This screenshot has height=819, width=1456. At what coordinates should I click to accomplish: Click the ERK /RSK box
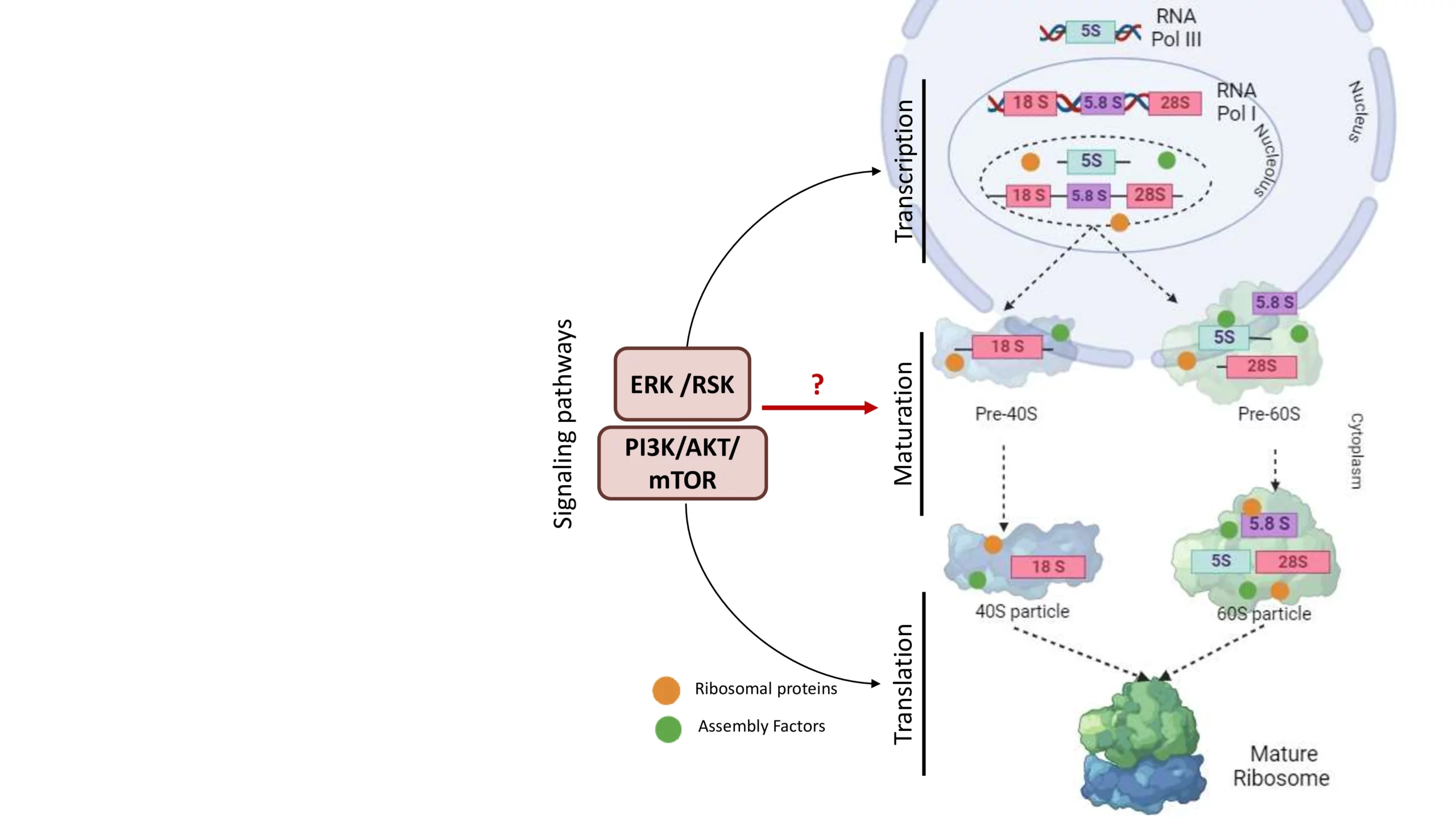pos(682,384)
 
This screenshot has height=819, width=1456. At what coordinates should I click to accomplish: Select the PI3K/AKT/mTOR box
pos(682,463)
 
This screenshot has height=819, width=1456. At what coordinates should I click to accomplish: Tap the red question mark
pos(817,384)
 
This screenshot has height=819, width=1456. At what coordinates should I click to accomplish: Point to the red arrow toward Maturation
pos(819,407)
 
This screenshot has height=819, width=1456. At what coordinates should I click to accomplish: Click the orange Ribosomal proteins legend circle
pos(666,690)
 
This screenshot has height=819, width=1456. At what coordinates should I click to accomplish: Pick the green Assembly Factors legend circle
pos(668,729)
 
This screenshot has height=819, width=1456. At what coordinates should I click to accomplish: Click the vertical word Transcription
pos(904,171)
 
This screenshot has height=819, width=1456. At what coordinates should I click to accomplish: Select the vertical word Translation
pos(903,684)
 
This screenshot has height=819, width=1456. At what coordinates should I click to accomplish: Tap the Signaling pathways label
pos(563,424)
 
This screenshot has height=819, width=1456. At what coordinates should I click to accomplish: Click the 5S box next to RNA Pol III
pos(1090,31)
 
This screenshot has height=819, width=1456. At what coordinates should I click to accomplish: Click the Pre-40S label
pos(1006,414)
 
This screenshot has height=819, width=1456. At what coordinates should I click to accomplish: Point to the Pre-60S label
pos(1269,414)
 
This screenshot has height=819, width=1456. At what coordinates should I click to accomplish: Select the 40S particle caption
pos(1022,611)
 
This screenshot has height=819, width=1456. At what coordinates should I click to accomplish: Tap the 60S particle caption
pos(1264,614)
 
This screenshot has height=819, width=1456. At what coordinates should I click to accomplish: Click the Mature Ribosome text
pos(1281,766)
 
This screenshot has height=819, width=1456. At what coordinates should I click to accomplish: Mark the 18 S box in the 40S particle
pos(1048,566)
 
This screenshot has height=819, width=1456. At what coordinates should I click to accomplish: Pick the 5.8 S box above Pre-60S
pos(1275,303)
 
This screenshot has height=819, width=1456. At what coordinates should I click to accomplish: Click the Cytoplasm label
pos(1356,451)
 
